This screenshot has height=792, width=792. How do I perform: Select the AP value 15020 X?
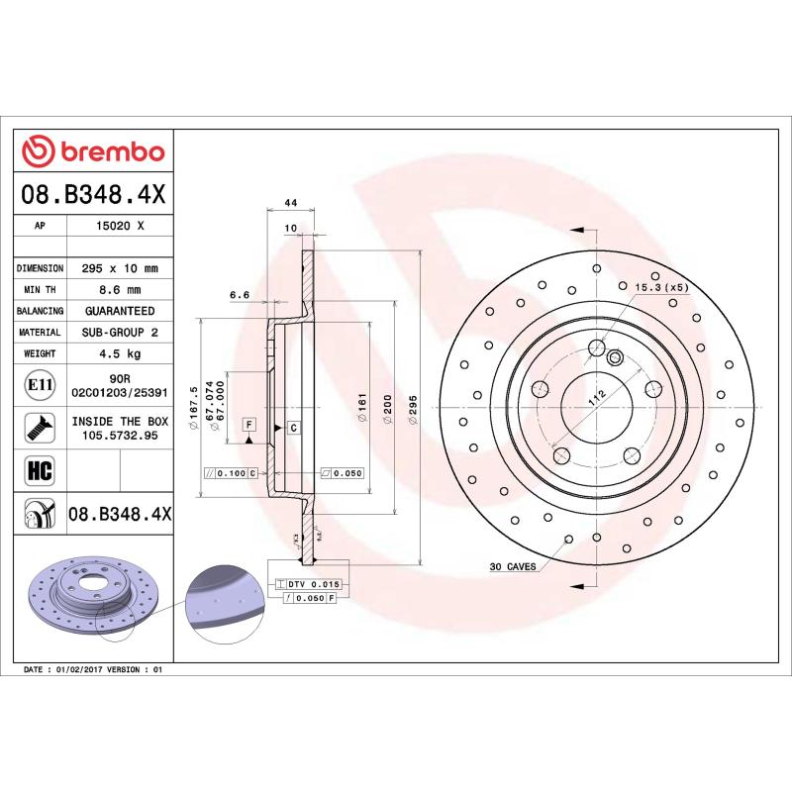[x=120, y=226]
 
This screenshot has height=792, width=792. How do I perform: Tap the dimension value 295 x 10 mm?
[x=120, y=268]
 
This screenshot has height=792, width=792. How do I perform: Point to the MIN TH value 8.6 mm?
[x=120, y=289]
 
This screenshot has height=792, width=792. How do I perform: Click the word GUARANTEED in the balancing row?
[x=120, y=311]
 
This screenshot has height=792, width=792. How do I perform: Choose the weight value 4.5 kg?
[x=120, y=353]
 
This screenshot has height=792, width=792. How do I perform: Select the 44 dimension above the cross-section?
[x=291, y=203]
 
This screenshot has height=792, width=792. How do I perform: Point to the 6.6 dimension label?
[x=239, y=295]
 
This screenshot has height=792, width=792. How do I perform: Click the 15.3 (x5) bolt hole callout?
[x=660, y=287]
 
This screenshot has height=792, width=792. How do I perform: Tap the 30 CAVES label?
[x=512, y=567]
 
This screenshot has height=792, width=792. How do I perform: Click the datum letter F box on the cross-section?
[x=249, y=424]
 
